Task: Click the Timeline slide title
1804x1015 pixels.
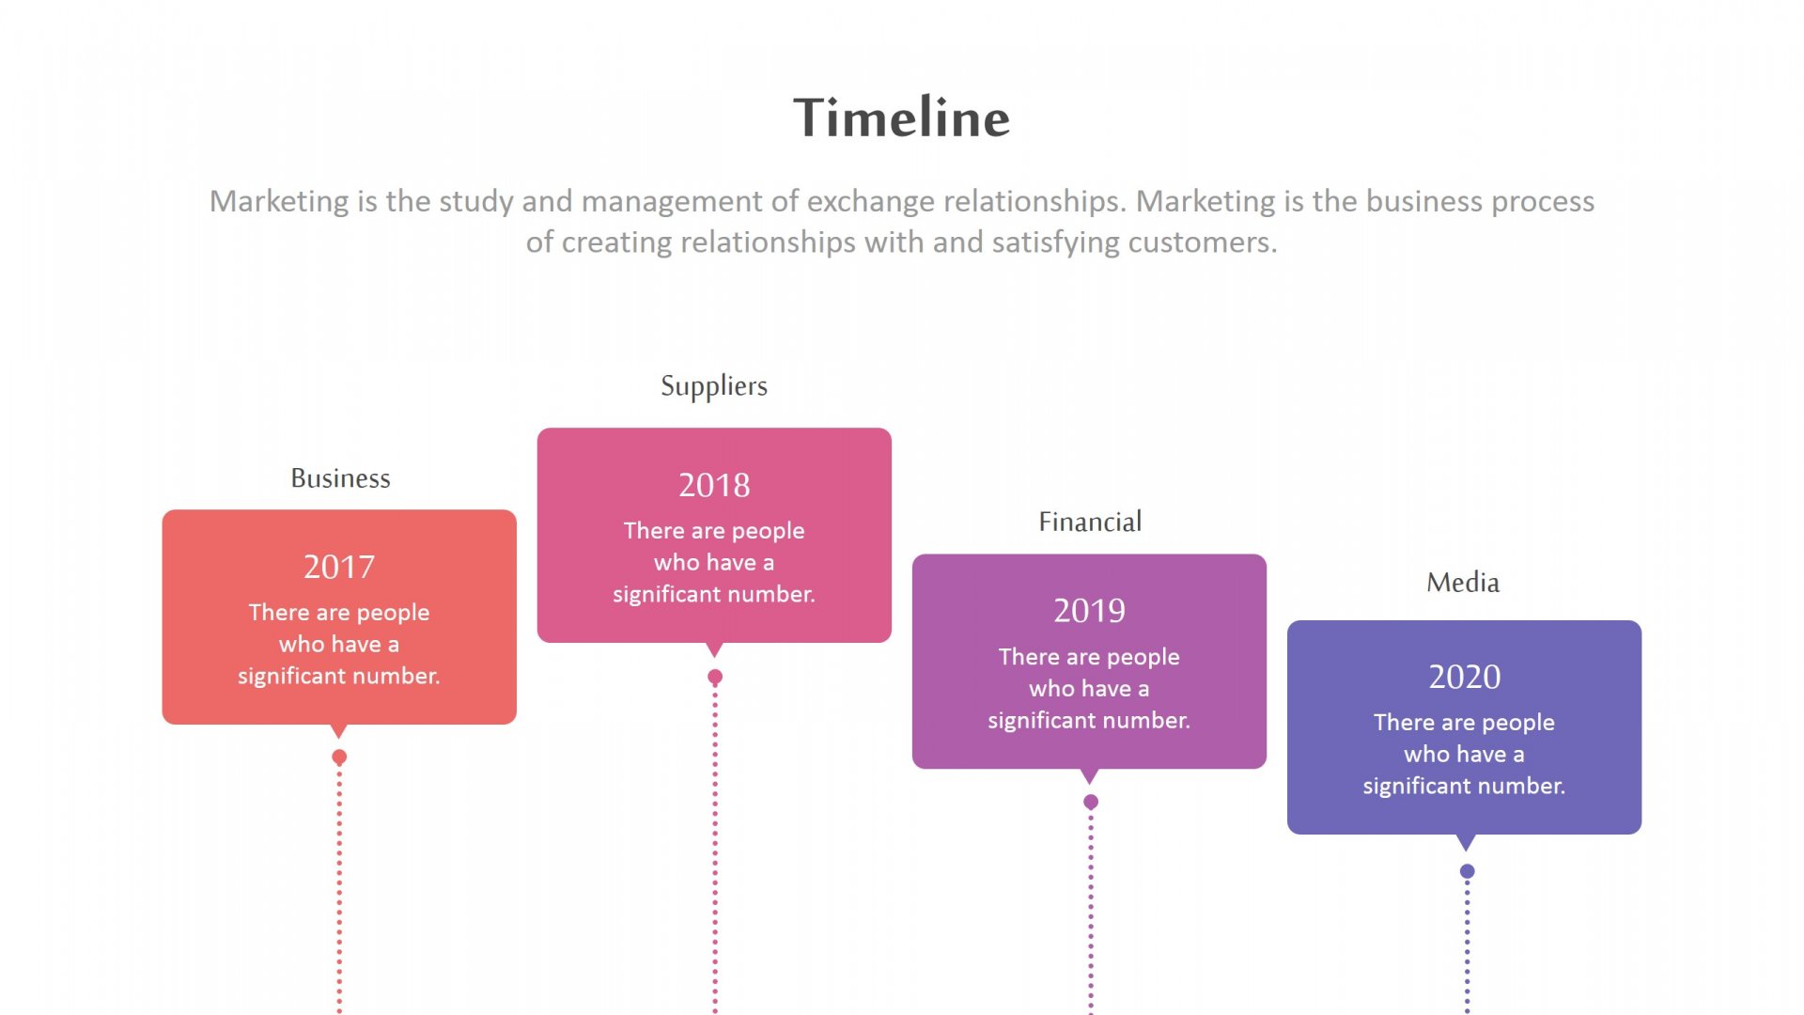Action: point(902,117)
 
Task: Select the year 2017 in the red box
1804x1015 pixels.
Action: point(339,567)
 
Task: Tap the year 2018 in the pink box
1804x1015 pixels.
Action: point(714,485)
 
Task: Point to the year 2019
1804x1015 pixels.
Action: point(1089,611)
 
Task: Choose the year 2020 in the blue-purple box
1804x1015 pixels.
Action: point(1465,677)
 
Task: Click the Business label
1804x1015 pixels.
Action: point(340,478)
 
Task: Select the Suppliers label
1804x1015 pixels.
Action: point(714,386)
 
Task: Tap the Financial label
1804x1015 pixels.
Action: point(1090,522)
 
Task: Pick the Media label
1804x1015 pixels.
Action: point(1463,583)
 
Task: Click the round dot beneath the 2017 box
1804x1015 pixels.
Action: point(339,757)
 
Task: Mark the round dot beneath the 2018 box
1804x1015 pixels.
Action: point(715,677)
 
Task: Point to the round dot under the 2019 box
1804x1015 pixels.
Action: point(1091,802)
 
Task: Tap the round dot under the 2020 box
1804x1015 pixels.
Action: point(1467,871)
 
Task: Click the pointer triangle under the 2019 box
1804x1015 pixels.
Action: point(1090,776)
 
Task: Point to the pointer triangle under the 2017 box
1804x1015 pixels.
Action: point(339,731)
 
